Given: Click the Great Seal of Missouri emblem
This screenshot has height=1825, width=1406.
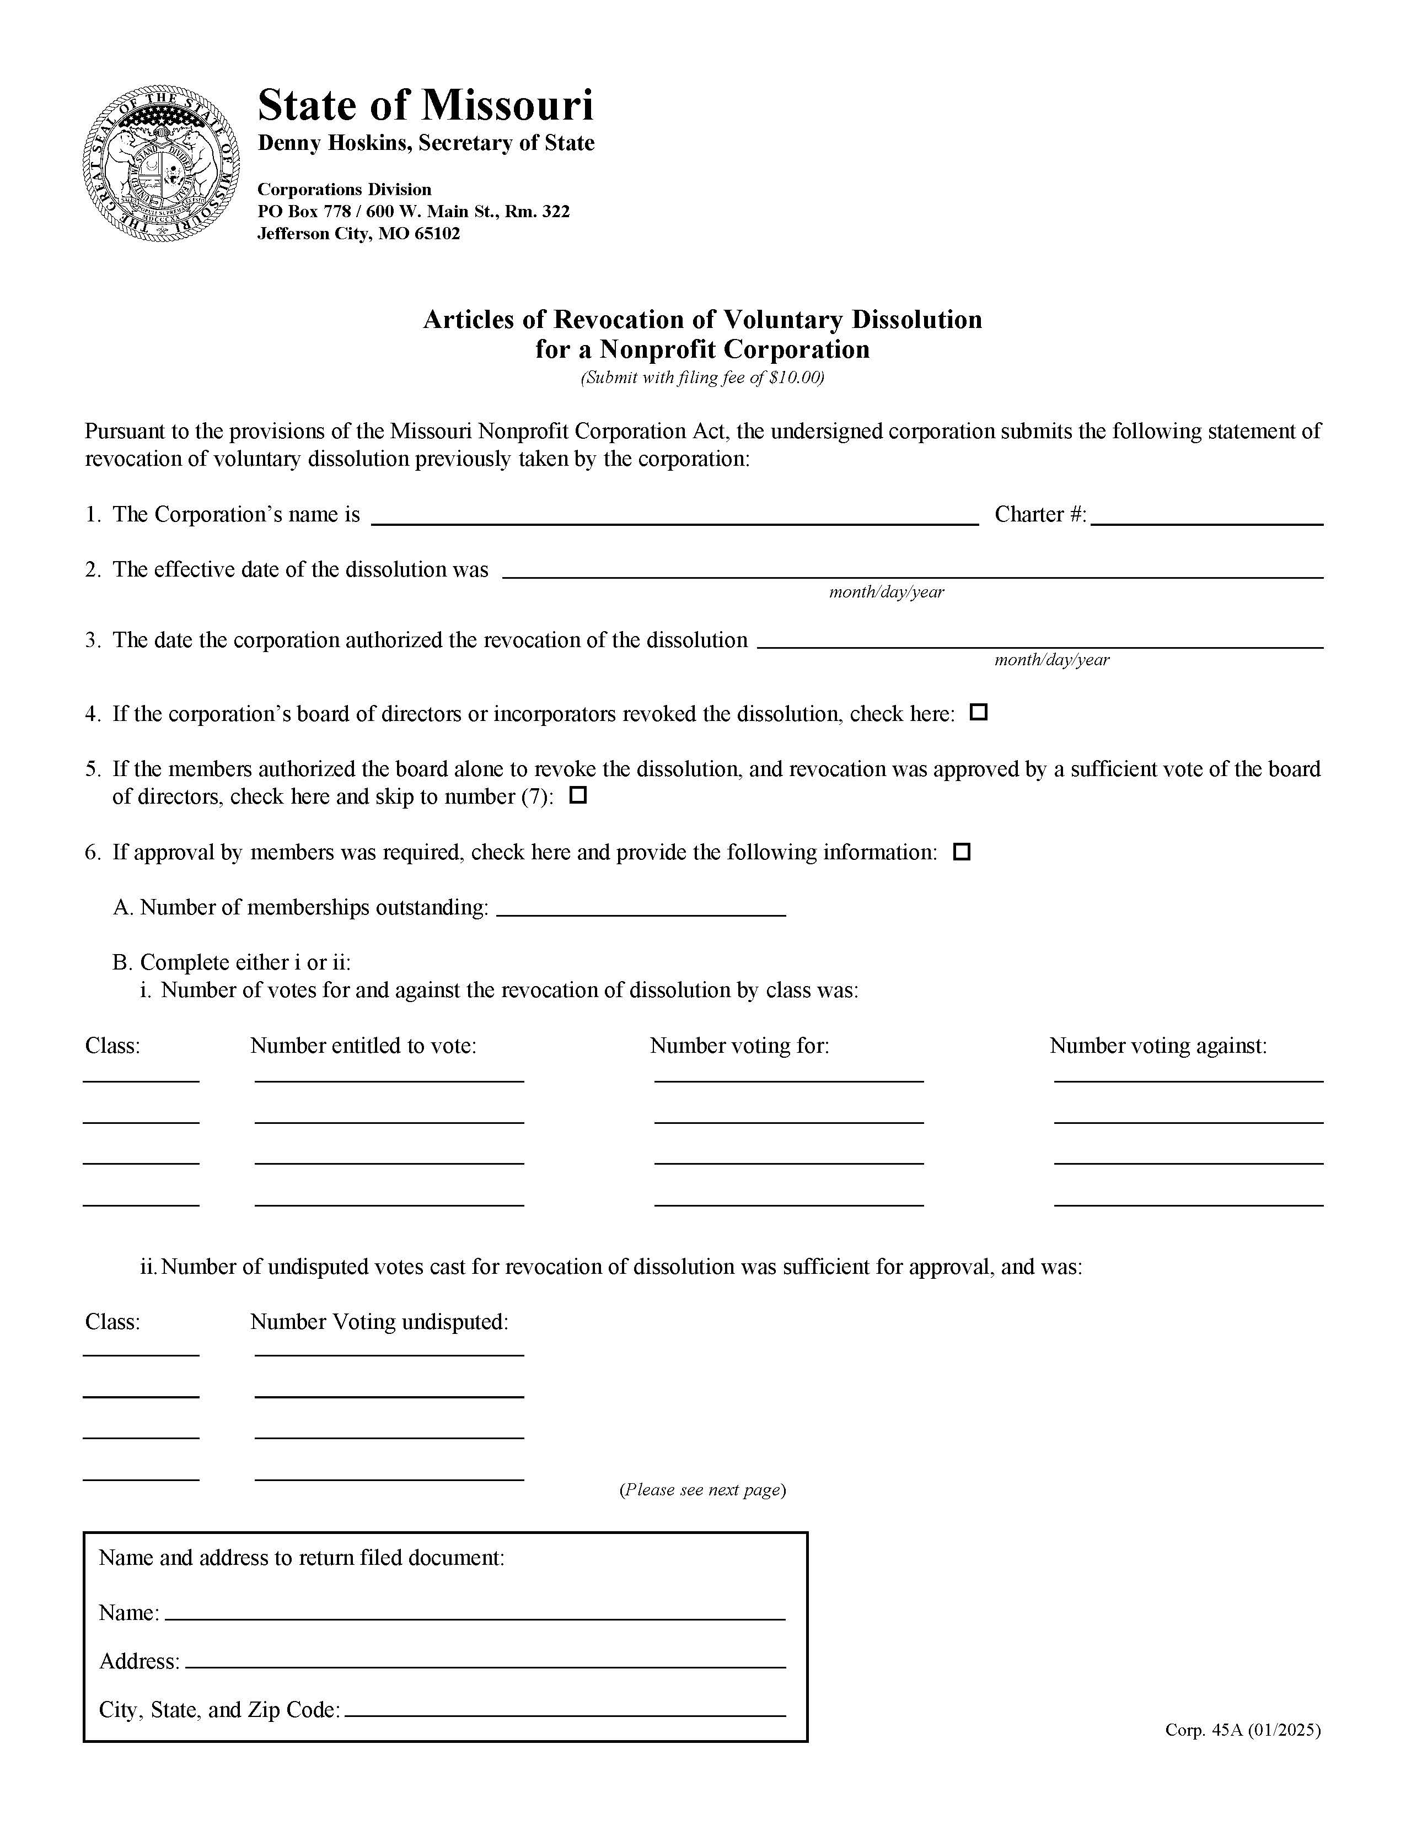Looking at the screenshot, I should pyautogui.click(x=162, y=163).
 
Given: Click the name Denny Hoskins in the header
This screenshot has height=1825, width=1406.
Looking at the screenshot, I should pyautogui.click(x=334, y=143).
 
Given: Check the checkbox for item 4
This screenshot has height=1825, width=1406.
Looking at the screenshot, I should pyautogui.click(x=978, y=713).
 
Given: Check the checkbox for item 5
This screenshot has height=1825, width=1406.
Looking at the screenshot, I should pyautogui.click(x=578, y=795).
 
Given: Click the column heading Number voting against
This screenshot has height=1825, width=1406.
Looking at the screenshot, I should pyautogui.click(x=1158, y=1046).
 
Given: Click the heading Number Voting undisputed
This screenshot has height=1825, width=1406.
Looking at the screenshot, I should pyautogui.click(x=379, y=1321).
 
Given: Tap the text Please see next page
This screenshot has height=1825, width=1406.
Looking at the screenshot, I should pyautogui.click(x=702, y=1489).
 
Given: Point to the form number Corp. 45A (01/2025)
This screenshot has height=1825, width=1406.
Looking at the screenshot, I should pyautogui.click(x=1242, y=1730).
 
